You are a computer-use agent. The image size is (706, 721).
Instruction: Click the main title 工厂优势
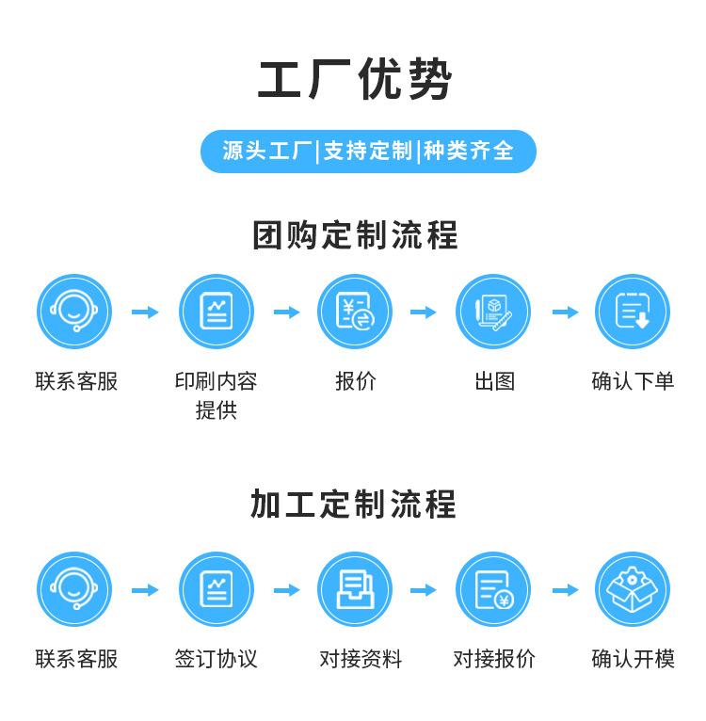354,79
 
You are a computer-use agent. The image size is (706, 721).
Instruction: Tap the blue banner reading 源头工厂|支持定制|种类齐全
368,151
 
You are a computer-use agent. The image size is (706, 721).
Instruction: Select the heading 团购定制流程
354,235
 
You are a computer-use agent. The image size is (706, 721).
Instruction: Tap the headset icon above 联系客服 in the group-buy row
74,312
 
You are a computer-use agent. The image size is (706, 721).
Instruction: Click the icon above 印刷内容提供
217,312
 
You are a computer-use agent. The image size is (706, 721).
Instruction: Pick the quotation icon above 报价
355,312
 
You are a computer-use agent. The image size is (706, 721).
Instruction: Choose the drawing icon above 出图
493,312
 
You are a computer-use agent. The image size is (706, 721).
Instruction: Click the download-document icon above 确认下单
633,312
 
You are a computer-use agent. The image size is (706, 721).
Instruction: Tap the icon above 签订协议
217,589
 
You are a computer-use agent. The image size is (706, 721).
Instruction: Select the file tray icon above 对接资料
355,589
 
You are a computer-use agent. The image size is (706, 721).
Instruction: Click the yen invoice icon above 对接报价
493,589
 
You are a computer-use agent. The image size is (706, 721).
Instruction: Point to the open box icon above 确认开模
633,589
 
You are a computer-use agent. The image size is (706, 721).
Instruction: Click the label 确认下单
633,381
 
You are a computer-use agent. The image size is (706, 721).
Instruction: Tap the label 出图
494,381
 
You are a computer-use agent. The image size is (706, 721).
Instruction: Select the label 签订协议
217,659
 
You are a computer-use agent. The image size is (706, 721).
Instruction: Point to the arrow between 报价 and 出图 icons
424,312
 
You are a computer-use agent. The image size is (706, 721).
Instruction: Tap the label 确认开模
633,659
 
